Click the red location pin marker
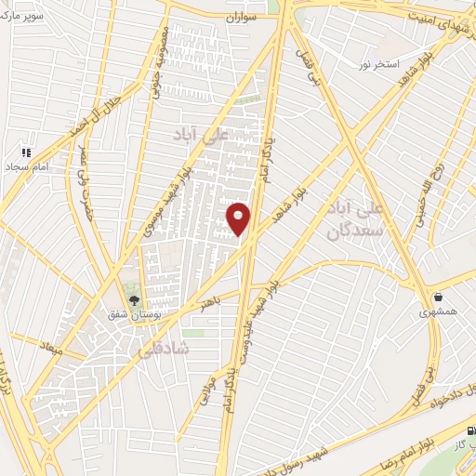240,218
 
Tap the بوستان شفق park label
137,316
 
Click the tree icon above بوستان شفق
132,300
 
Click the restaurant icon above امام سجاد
27,151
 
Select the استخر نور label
380,65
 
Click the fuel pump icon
469,431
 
